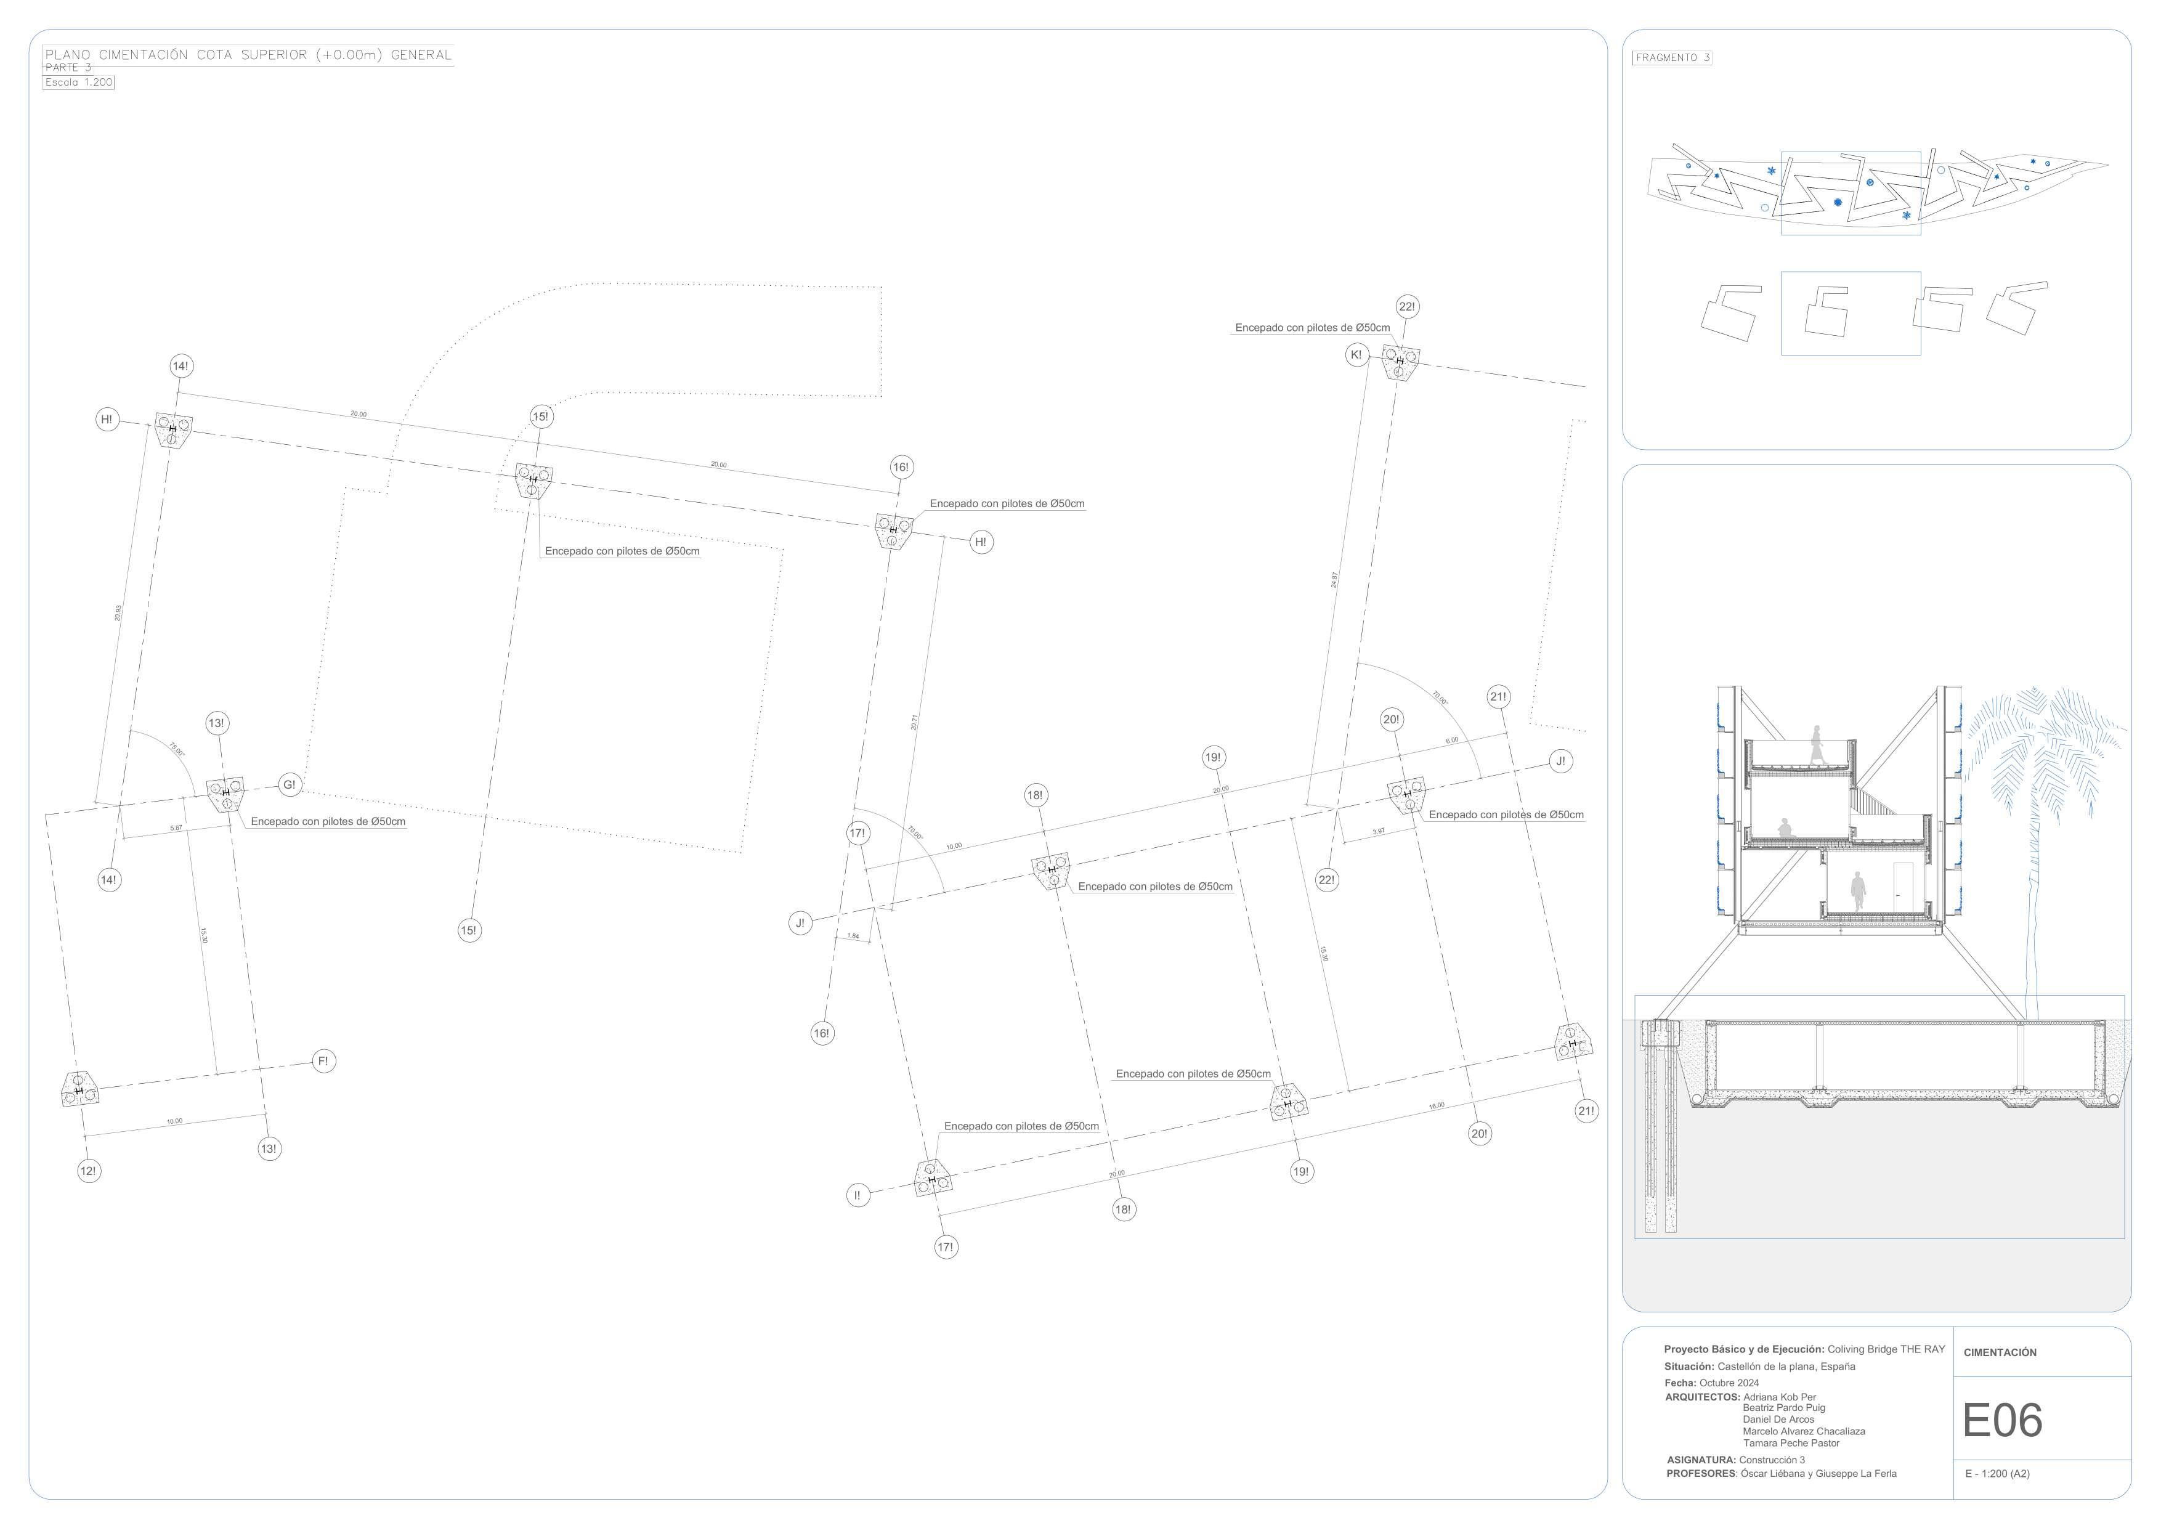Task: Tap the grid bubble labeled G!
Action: [x=289, y=784]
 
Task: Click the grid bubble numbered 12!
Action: [x=89, y=1171]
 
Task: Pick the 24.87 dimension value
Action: [x=1334, y=580]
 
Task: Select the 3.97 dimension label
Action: [x=1379, y=831]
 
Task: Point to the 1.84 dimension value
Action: [x=853, y=936]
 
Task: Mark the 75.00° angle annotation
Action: [x=176, y=750]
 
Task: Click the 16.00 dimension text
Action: [x=1437, y=1106]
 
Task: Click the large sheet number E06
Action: [x=2002, y=1421]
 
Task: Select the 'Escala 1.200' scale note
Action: [x=79, y=82]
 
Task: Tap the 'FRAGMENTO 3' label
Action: [x=1672, y=57]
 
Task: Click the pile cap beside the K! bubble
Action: [x=1400, y=362]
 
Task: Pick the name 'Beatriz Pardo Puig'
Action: [x=1783, y=1407]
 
